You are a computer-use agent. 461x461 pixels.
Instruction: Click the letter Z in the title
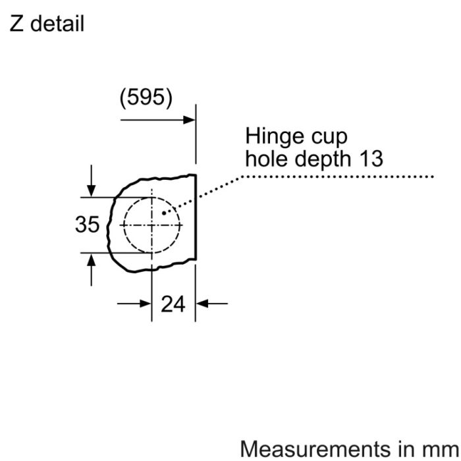tap(16, 24)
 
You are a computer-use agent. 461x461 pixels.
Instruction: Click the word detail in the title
tap(57, 24)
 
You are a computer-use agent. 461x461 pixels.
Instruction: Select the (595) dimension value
tap(146, 98)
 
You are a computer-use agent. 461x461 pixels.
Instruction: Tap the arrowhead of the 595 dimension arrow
tap(189, 120)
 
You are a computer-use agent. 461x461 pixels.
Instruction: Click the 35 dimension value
tap(88, 225)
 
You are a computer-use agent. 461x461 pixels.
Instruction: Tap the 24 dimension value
tap(173, 304)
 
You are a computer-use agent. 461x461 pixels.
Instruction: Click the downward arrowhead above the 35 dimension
tap(92, 191)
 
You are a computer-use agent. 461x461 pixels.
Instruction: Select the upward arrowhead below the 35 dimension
tap(92, 259)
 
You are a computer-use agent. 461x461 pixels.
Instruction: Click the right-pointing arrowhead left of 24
tap(146, 304)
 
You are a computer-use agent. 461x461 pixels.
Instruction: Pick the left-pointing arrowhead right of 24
tap(202, 304)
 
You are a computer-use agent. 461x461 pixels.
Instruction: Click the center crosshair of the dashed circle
tap(151, 225)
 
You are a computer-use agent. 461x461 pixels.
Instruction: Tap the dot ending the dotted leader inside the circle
tap(164, 213)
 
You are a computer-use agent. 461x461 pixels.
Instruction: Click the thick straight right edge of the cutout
tap(196, 217)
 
